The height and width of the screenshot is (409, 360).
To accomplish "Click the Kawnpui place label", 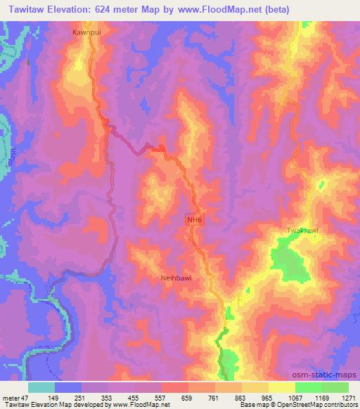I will [87, 32].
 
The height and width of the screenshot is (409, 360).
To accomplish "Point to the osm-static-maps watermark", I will [330, 374].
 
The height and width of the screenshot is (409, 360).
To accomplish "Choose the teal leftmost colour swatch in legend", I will [41, 387].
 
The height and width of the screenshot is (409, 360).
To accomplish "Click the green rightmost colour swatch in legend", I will [335, 387].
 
